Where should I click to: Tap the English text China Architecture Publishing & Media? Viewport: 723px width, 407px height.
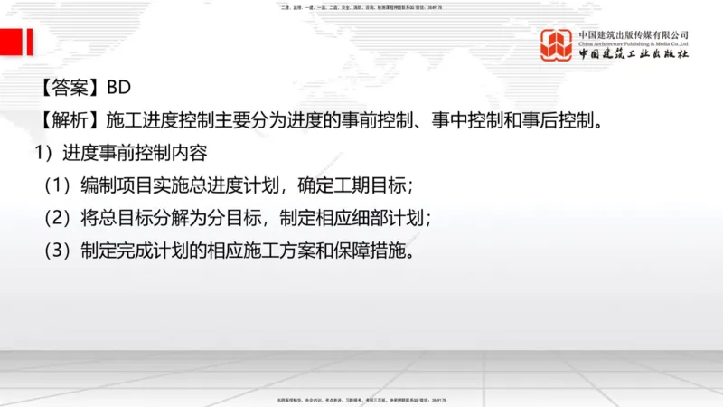634,43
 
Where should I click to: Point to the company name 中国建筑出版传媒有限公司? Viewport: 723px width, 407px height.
634,34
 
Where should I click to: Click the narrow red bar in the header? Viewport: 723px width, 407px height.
30,42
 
